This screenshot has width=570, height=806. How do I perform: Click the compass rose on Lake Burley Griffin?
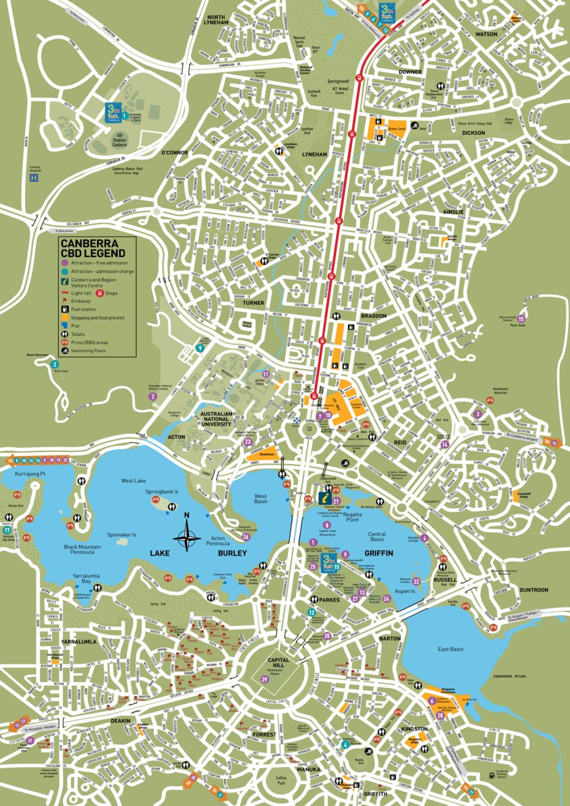[x=188, y=538]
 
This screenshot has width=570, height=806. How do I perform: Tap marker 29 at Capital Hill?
[x=264, y=679]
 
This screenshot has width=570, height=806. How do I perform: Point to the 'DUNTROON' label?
[x=534, y=590]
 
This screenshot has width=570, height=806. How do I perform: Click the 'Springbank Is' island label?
[x=160, y=492]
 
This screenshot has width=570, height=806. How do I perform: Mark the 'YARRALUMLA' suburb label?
[x=81, y=641]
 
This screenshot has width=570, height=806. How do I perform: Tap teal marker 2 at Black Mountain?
[x=54, y=364]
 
